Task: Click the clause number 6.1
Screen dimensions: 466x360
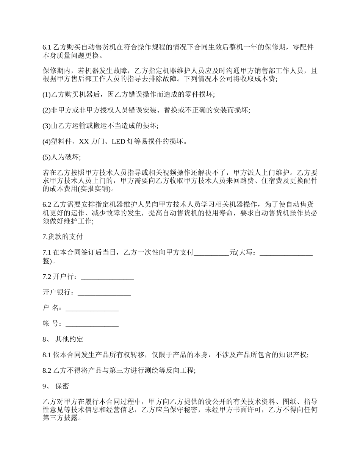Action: [47, 47]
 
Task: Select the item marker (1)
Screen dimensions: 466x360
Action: [47, 94]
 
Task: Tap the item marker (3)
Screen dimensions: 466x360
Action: [47, 126]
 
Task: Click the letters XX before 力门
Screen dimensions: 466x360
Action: [84, 142]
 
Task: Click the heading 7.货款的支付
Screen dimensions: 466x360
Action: [63, 237]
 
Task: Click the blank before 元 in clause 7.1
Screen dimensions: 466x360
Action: [211, 253]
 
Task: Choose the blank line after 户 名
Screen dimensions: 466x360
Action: [92, 308]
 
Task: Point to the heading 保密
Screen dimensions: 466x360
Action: [62, 386]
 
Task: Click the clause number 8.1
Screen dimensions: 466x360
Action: [47, 355]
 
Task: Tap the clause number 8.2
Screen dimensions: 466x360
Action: [47, 371]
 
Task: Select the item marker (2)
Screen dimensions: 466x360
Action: [47, 110]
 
